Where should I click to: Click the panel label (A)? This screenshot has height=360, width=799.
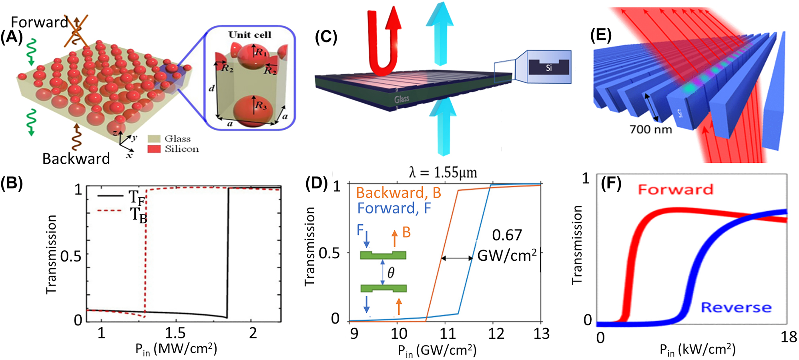[x=12, y=37]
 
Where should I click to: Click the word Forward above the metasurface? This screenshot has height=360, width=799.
[x=39, y=22]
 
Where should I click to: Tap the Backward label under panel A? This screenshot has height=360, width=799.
[x=76, y=159]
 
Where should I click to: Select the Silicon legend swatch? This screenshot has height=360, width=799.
[x=154, y=149]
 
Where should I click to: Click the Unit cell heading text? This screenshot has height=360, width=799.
[x=250, y=35]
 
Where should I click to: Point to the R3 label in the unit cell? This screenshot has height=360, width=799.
[x=261, y=106]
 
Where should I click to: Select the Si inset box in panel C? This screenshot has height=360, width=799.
[x=548, y=67]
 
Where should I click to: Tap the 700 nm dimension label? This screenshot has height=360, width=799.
[x=650, y=129]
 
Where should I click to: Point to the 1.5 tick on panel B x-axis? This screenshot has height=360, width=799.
[x=176, y=333]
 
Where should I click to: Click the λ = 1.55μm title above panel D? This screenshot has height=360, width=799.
[x=443, y=173]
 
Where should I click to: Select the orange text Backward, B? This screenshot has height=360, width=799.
[x=398, y=193]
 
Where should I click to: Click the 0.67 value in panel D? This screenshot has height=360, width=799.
[x=507, y=235]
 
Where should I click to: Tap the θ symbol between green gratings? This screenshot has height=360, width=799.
[x=391, y=273]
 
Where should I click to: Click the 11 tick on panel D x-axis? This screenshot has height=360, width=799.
[x=448, y=333]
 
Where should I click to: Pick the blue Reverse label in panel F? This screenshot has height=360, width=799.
[x=736, y=308]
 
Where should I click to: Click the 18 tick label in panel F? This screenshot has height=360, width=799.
[x=788, y=337]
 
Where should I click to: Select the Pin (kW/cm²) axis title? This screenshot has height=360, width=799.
[x=697, y=350]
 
